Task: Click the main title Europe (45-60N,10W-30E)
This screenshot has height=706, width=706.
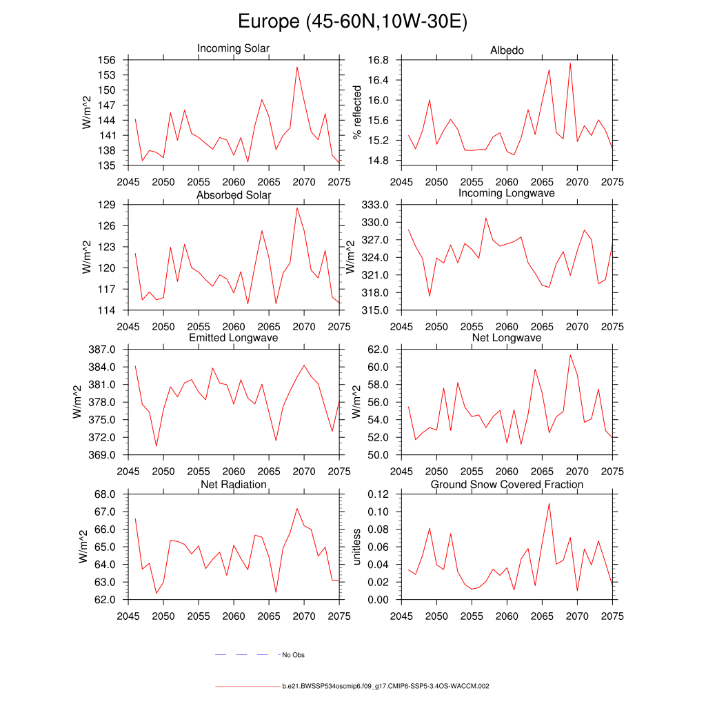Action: click(352, 22)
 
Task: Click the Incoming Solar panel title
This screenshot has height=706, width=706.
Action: click(233, 48)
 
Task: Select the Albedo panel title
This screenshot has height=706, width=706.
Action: click(507, 50)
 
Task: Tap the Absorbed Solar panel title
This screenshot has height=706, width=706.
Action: click(233, 195)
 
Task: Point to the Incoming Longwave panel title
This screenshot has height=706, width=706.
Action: click(507, 193)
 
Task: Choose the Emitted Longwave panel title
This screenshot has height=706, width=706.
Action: click(233, 338)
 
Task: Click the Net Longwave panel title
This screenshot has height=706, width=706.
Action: click(507, 338)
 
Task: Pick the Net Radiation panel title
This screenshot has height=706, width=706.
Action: click(233, 485)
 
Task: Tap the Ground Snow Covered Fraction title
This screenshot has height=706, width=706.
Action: click(507, 485)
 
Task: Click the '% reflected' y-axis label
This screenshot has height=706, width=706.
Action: click(356, 112)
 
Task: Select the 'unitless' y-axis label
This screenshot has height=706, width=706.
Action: click(356, 547)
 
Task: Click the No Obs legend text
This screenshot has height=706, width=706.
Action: click(293, 655)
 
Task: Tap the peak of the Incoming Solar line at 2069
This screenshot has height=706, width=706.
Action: click(296, 67)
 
